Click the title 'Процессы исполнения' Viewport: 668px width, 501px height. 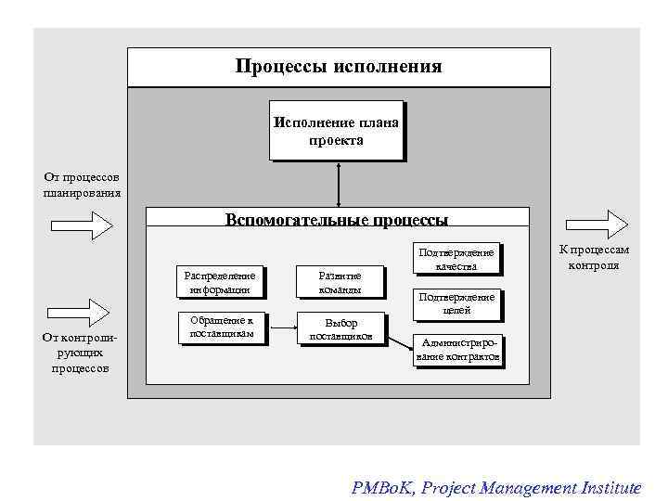click(x=339, y=67)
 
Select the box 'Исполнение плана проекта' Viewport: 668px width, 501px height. click(x=336, y=131)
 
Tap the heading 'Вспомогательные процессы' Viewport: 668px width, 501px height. click(x=337, y=220)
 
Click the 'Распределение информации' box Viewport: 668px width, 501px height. click(x=219, y=281)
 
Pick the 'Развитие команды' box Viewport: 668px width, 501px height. click(x=340, y=281)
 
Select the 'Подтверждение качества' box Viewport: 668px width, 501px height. click(x=456, y=259)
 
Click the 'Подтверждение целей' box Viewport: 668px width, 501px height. click(x=456, y=303)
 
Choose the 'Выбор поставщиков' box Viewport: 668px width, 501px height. click(x=340, y=328)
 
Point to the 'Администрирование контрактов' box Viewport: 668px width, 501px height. click(x=460, y=350)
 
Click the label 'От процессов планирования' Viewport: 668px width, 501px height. click(x=82, y=185)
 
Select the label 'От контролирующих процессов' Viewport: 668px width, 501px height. click(x=82, y=353)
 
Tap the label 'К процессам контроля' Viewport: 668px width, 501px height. click(x=594, y=257)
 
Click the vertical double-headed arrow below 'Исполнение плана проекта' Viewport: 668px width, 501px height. click(x=339, y=184)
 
